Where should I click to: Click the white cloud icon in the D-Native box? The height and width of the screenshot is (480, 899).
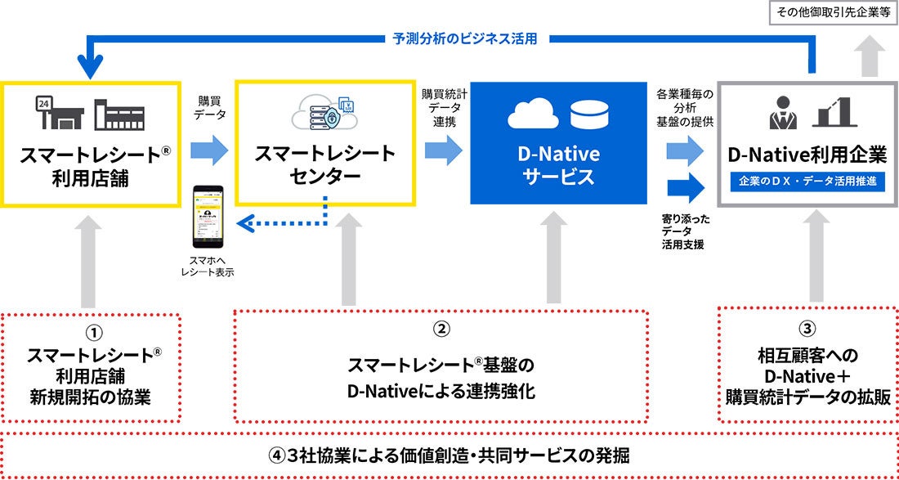533,116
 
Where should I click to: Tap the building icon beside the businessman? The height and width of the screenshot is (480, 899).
834,113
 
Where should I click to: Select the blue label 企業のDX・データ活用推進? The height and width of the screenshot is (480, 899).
807,182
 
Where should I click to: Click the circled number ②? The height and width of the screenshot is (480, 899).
441,330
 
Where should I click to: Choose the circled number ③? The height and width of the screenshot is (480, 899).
807,330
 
